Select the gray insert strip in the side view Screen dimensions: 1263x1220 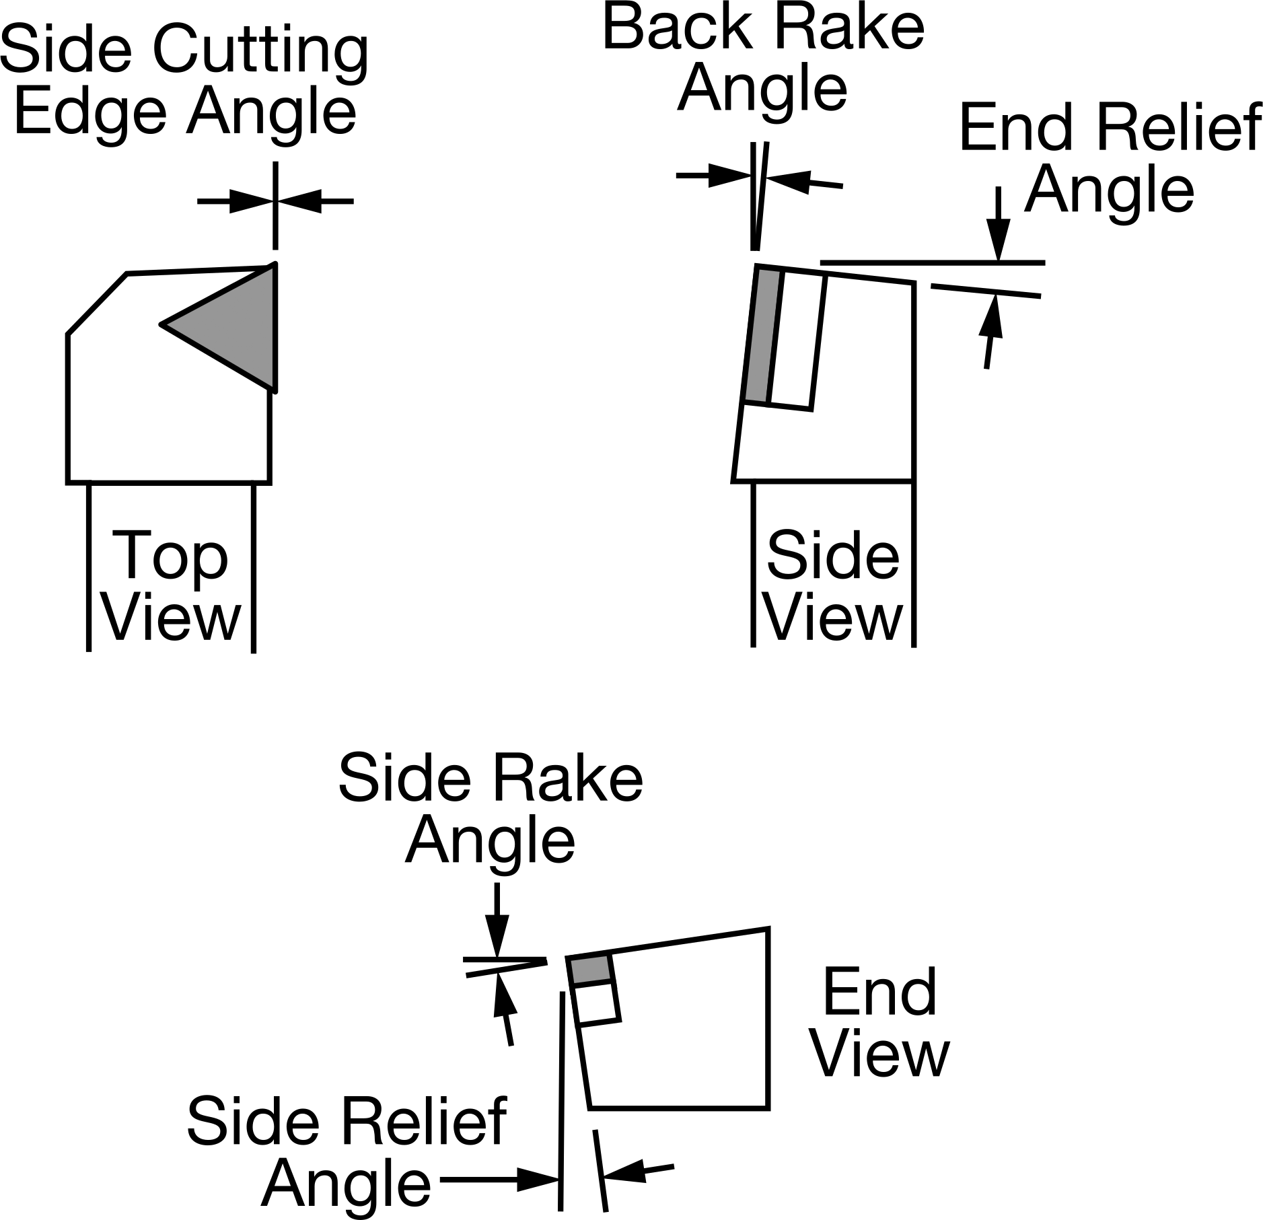[763, 336]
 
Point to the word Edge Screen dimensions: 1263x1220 [89, 112]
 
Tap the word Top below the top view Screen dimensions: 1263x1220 [172, 557]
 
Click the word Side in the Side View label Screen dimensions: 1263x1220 [832, 556]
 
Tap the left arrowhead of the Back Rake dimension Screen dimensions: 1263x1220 [730, 176]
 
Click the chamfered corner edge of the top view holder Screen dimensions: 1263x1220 [98, 304]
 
